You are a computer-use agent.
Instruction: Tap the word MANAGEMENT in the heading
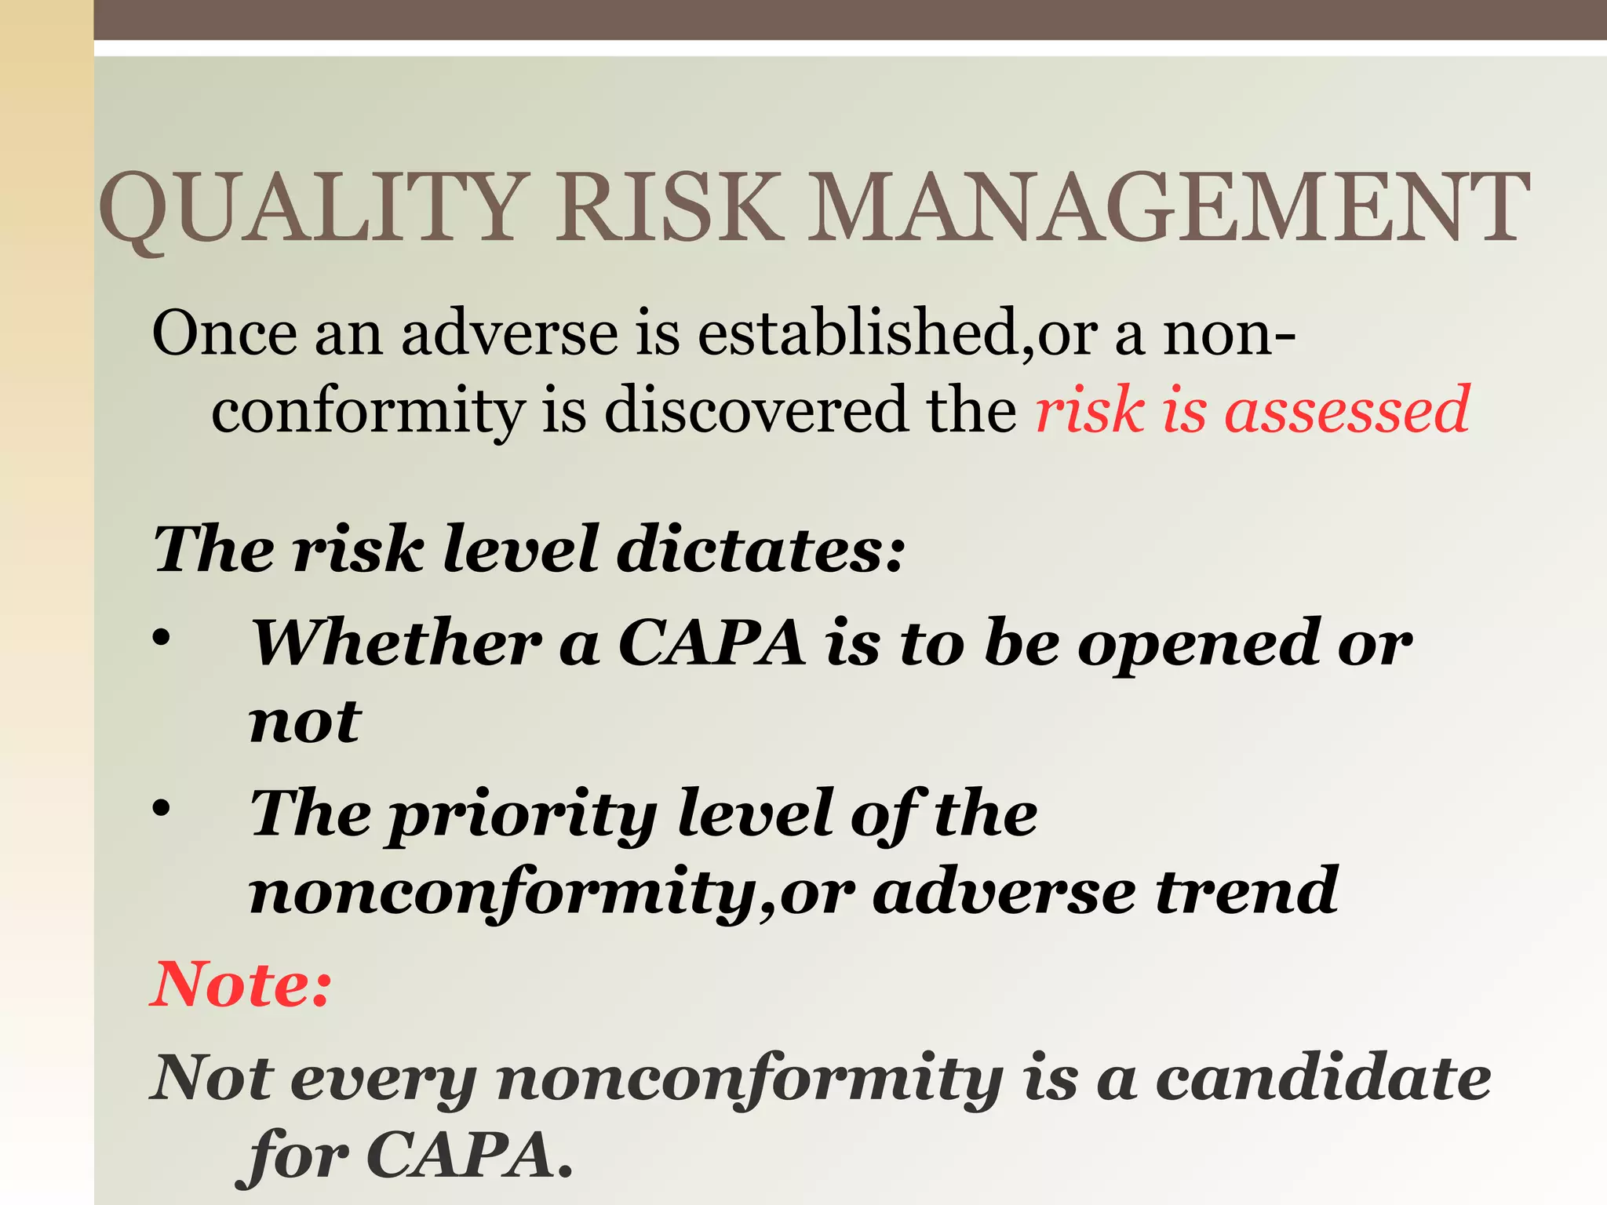click(x=1169, y=207)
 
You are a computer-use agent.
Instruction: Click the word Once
click(x=224, y=333)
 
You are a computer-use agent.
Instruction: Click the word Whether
click(x=396, y=643)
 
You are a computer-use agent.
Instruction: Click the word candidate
click(x=1323, y=1078)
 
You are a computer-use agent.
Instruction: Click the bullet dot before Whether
click(x=162, y=639)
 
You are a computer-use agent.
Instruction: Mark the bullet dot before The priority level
click(x=162, y=809)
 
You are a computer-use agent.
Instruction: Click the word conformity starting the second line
click(x=368, y=410)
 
